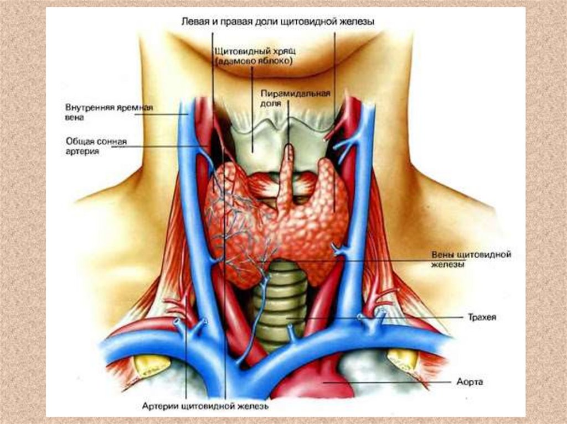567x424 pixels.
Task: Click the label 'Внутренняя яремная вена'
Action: (x=109, y=112)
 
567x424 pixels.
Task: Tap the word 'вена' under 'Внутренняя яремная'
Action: (x=74, y=118)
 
